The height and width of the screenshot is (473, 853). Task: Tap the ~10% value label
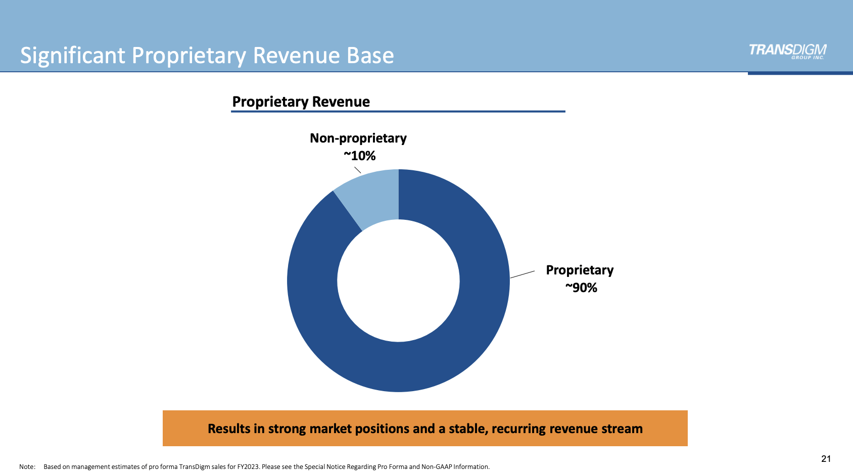[360, 156]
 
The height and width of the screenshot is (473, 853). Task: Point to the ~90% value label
[581, 288]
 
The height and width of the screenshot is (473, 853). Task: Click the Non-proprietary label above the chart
[358, 138]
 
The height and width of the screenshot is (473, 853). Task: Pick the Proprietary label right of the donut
[580, 270]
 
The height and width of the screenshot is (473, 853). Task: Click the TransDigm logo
[787, 51]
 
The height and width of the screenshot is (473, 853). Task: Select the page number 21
[826, 458]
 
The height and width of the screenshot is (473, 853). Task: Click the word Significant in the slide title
[72, 56]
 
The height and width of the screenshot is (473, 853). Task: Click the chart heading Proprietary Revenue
[301, 102]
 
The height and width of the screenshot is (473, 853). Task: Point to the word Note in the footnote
[27, 466]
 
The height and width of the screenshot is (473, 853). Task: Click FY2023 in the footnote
[248, 466]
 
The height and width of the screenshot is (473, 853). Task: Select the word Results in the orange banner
[229, 429]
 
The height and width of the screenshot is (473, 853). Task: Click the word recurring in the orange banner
[518, 429]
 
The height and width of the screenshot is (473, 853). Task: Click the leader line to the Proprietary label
[523, 274]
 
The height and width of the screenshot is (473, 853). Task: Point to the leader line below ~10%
[357, 170]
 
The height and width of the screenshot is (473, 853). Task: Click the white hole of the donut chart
[398, 280]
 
